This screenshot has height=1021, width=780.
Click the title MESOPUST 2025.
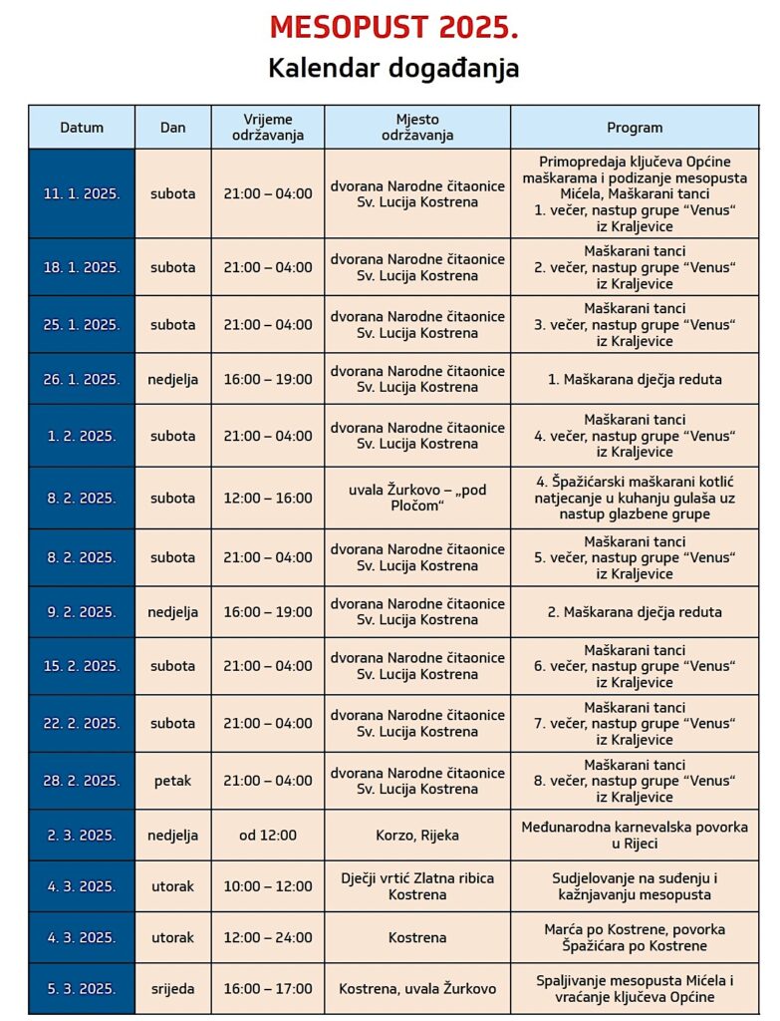393,28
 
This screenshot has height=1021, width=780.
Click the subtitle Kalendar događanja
393,68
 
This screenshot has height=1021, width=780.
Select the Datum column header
82,128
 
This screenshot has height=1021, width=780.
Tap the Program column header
635,128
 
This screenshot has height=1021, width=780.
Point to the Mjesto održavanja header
417,128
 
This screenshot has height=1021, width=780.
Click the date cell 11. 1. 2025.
82,193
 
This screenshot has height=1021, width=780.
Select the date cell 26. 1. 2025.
82,379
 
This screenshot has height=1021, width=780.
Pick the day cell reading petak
173,781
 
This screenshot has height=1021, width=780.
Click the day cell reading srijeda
173,989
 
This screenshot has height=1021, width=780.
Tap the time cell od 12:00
268,836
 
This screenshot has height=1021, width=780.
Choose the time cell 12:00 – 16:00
268,498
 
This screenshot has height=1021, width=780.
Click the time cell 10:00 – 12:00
268,886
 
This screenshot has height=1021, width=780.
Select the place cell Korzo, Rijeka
417,836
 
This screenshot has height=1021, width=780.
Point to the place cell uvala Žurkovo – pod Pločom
417,498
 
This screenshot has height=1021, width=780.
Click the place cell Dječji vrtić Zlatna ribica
417,886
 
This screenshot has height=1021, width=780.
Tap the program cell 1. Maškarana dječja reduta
635,379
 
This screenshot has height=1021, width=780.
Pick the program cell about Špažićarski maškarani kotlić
635,498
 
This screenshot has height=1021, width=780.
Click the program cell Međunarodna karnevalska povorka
635,836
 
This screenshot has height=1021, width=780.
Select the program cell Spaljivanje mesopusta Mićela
635,989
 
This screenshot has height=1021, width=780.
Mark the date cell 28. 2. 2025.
82,781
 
